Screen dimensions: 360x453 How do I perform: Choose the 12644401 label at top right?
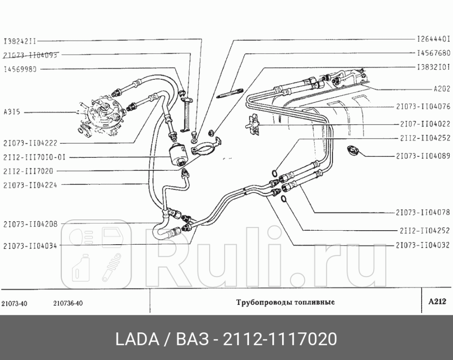pyautogui.click(x=433, y=39)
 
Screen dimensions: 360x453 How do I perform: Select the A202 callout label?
pyautogui.click(x=442, y=88)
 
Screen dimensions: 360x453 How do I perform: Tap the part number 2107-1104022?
pyautogui.click(x=425, y=124)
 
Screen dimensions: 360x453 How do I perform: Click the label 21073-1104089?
pyautogui.click(x=423, y=156)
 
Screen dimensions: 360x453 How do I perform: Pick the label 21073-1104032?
pyautogui.click(x=423, y=245)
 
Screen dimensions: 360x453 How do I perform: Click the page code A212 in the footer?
pyautogui.click(x=437, y=302)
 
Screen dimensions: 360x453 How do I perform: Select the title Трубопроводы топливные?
pyautogui.click(x=284, y=302)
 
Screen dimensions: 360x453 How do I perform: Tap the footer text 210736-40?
pyautogui.click(x=65, y=304)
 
